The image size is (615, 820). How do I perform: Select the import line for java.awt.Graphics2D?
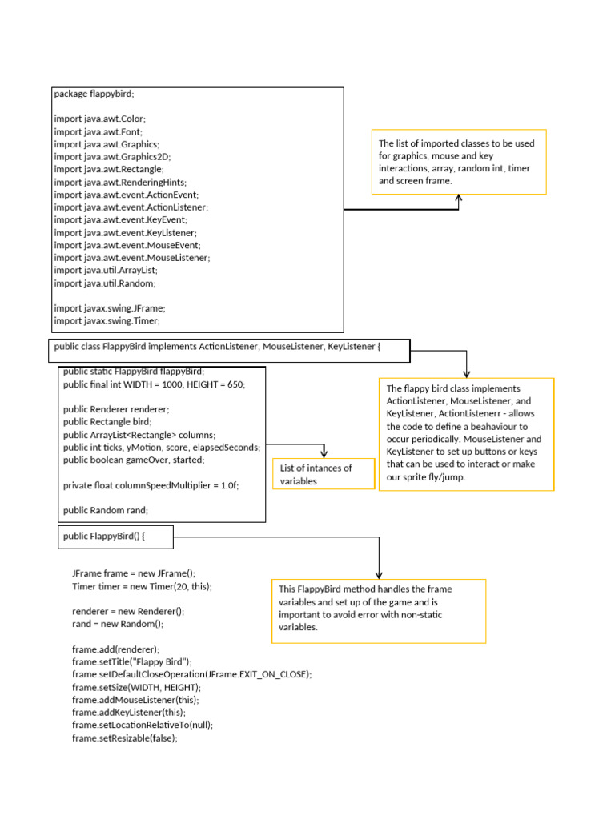tap(112, 157)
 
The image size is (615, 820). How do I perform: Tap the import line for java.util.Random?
tap(105, 283)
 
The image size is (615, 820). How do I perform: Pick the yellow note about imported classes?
tap(459, 162)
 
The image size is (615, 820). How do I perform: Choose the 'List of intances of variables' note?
tap(324, 474)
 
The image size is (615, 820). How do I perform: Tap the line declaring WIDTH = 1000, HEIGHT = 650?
tap(154, 384)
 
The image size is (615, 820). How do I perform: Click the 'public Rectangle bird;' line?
tap(107, 422)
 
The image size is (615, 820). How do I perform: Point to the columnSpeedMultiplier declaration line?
tap(151, 485)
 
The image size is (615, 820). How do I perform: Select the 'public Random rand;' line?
tap(106, 511)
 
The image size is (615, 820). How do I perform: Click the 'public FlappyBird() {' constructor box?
tap(116, 537)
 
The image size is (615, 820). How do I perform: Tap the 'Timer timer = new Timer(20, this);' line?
tap(142, 586)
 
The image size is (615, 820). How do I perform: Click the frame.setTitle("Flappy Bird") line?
tap(132, 662)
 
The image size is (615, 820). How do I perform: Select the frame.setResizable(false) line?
tap(124, 738)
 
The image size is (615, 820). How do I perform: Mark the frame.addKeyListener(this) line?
tap(128, 713)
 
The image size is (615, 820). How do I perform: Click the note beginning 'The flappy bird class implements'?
tap(466, 432)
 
